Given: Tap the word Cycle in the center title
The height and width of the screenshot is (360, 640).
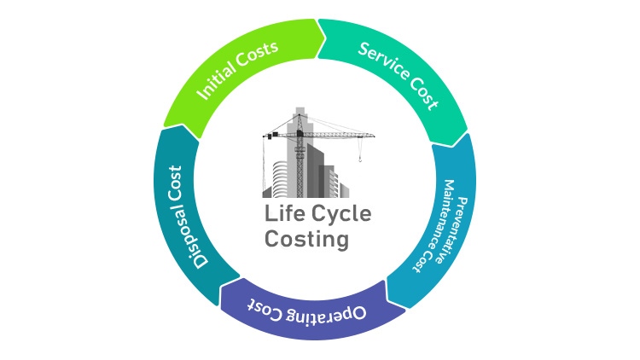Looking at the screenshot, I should pyautogui.click(x=340, y=214).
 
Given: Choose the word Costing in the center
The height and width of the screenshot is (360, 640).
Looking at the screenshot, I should pyautogui.click(x=307, y=239).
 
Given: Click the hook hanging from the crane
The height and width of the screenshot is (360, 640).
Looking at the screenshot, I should pyautogui.click(x=362, y=158).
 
